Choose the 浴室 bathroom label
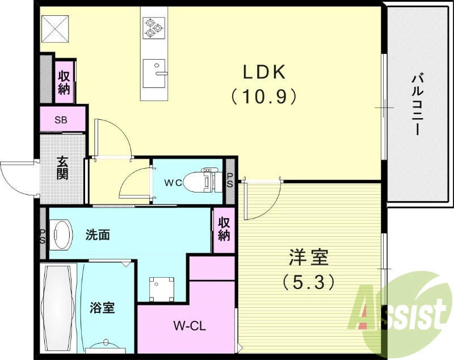(103, 308)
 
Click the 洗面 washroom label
(98, 234)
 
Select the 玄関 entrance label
(62, 167)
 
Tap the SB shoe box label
(61, 120)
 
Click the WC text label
(173, 183)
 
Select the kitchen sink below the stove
(154, 73)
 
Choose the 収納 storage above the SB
(64, 82)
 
